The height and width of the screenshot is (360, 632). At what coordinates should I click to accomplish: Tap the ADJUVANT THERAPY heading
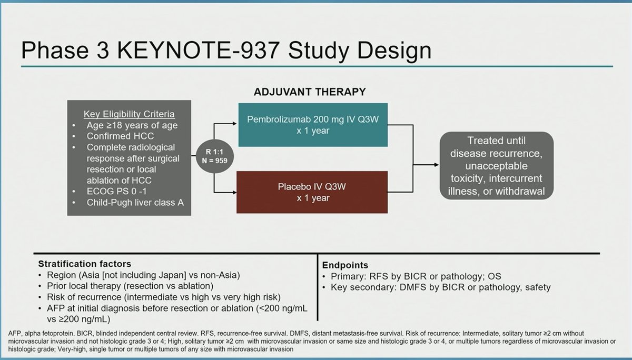click(x=310, y=92)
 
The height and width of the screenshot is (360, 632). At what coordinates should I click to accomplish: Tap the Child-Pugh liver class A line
click(x=134, y=202)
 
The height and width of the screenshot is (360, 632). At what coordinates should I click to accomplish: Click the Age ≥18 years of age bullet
click(x=132, y=125)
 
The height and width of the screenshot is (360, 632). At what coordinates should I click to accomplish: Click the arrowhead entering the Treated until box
click(x=437, y=164)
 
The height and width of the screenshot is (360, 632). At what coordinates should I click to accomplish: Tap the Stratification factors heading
click(x=84, y=264)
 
